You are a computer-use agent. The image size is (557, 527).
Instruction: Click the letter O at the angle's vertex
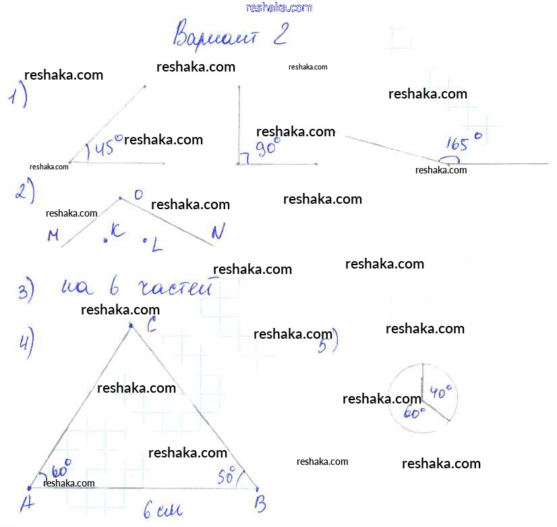click(x=138, y=195)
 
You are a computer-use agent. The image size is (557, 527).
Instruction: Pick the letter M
click(x=53, y=235)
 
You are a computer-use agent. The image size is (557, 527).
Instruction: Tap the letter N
click(x=217, y=233)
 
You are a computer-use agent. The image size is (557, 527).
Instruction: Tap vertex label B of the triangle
click(x=260, y=503)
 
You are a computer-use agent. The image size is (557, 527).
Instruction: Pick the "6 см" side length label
click(x=163, y=511)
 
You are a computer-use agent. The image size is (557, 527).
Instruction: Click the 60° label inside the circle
click(x=413, y=412)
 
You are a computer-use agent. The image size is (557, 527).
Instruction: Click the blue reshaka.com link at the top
click(x=279, y=7)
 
